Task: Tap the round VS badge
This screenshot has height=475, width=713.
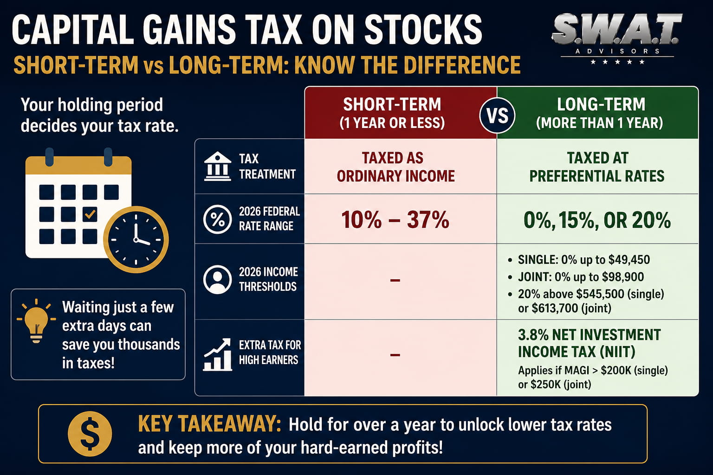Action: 497,115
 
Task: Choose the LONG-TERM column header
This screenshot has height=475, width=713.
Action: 598,113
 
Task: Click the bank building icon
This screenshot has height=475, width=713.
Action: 217,167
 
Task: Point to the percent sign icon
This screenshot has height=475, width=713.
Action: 217,219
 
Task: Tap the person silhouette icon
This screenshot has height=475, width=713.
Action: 217,279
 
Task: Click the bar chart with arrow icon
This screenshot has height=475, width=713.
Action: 217,354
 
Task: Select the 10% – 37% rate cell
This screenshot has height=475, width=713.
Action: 395,219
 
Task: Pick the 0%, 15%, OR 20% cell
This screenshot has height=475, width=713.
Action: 597,220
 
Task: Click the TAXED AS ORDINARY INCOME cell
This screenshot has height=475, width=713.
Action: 395,167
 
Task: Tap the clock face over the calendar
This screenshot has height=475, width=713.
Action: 136,239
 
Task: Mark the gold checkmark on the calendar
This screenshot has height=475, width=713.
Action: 90,214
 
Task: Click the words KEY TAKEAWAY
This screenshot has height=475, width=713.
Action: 209,424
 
